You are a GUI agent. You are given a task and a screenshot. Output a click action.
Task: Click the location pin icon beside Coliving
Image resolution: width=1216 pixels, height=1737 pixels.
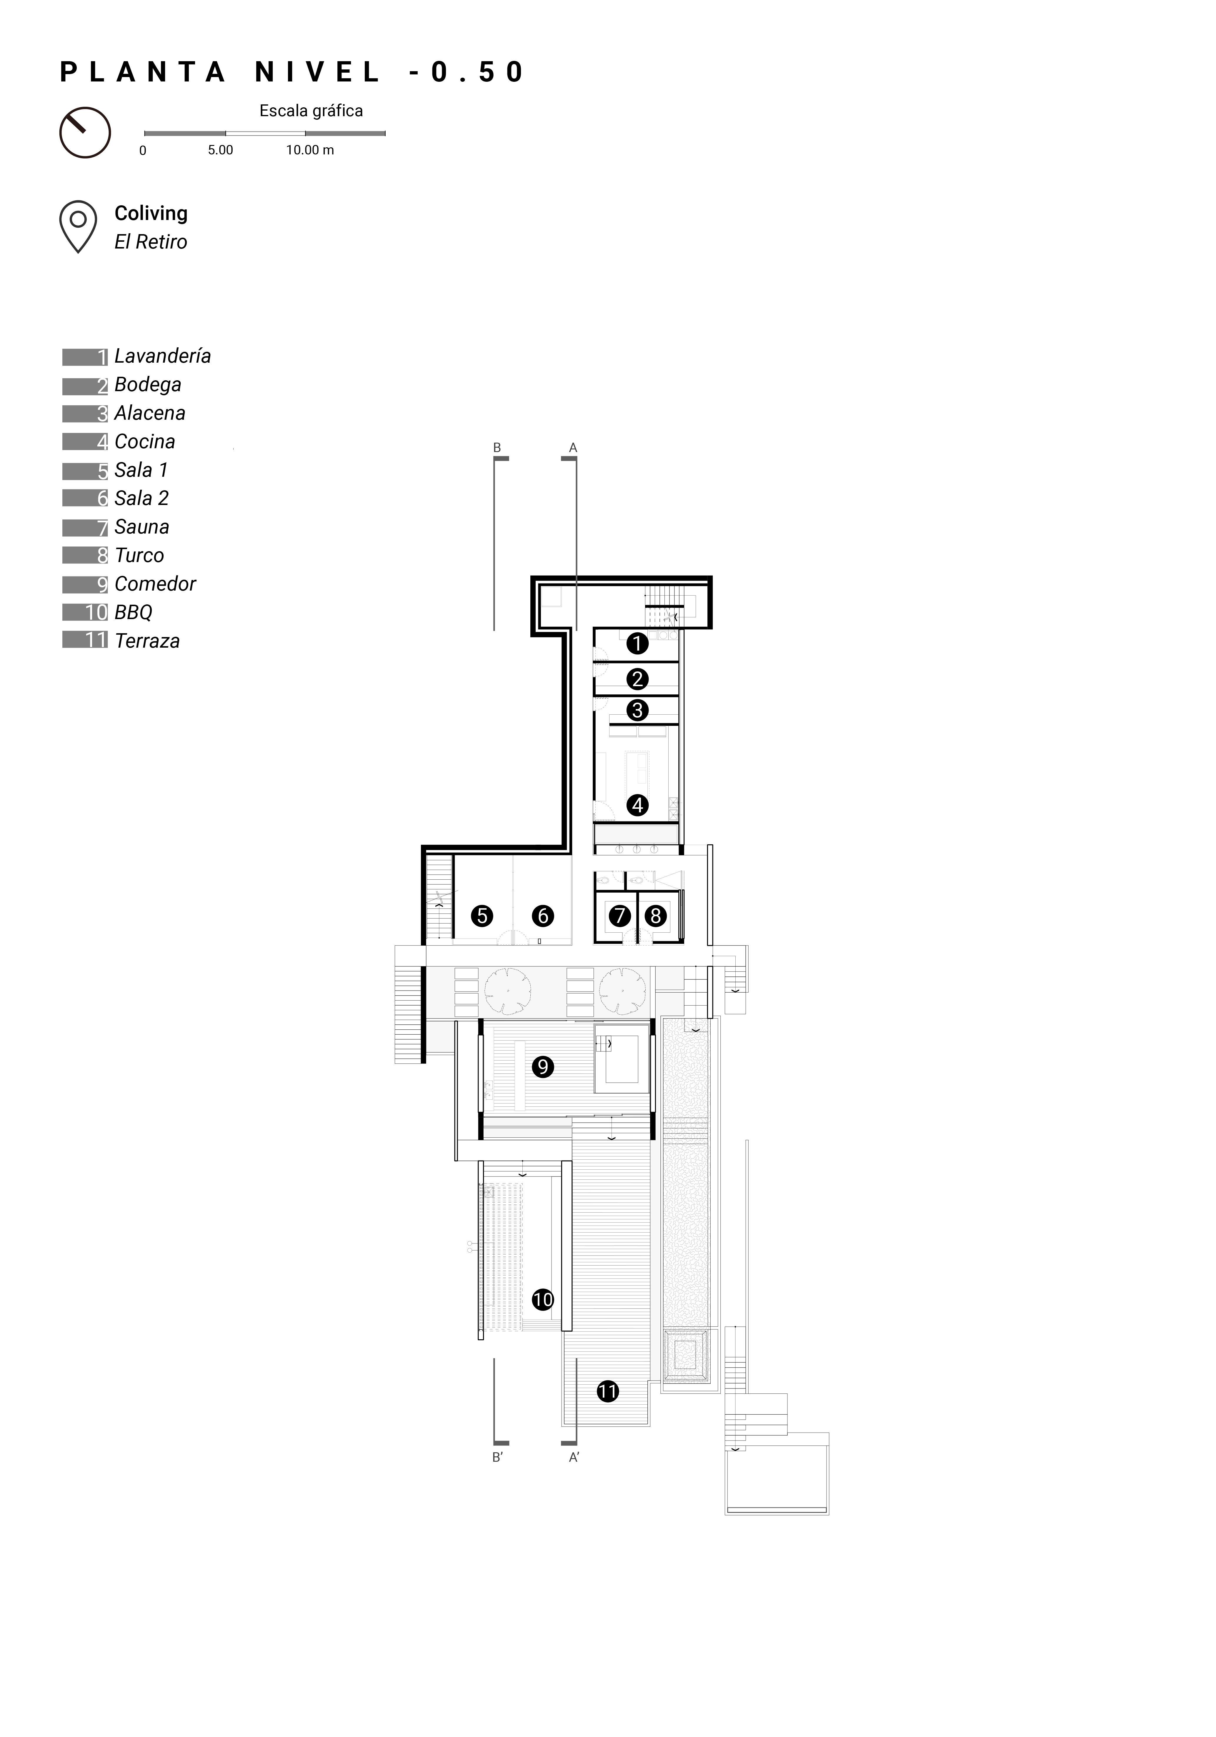pyautogui.click(x=78, y=226)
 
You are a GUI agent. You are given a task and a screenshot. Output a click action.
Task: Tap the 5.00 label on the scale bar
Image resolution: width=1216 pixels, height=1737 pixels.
pyautogui.click(x=220, y=150)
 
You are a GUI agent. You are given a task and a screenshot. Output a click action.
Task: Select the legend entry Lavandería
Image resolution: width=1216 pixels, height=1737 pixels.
pyautogui.click(x=137, y=356)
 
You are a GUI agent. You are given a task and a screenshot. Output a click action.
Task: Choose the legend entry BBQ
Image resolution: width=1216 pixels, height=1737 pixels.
pyautogui.click(x=107, y=612)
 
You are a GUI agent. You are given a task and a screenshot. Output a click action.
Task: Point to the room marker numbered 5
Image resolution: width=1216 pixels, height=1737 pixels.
pyautogui.click(x=482, y=916)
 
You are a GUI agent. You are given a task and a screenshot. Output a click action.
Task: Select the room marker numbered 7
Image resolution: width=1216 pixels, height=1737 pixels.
pyautogui.click(x=620, y=916)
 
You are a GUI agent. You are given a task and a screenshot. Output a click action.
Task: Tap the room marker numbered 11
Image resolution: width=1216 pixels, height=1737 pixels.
pyautogui.click(x=608, y=1391)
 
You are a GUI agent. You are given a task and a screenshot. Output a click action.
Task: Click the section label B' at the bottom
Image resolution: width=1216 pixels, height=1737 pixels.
pyautogui.click(x=497, y=1457)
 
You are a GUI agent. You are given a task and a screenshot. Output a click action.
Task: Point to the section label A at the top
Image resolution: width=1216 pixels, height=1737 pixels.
pyautogui.click(x=573, y=448)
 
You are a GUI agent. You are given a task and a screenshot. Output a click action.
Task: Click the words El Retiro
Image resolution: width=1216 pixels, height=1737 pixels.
pyautogui.click(x=151, y=242)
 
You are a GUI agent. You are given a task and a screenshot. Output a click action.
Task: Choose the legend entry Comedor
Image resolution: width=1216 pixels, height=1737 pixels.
pyautogui.click(x=129, y=584)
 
